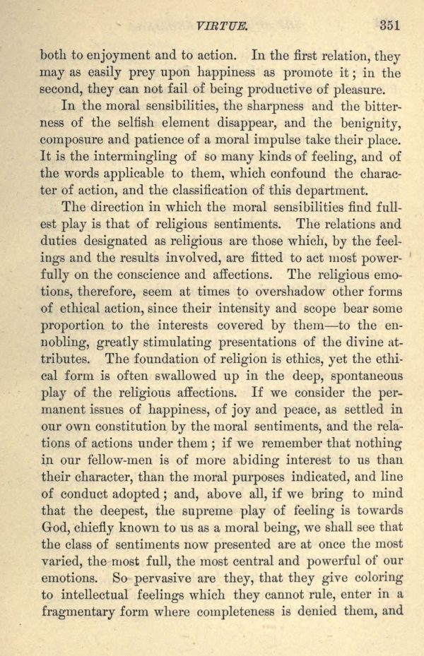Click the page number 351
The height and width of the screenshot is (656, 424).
click(x=389, y=25)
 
